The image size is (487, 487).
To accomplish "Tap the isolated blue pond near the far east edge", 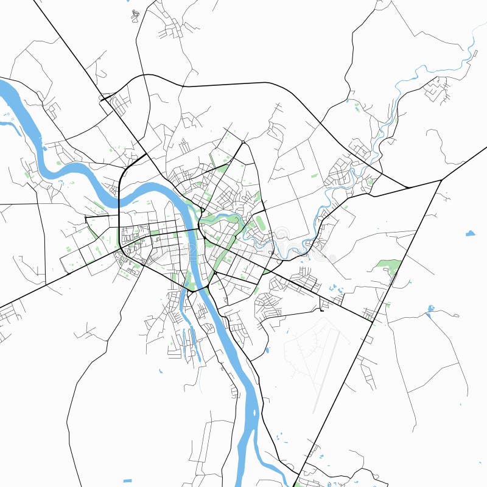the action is [x=470, y=233].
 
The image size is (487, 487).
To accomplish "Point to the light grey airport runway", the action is [x=328, y=371].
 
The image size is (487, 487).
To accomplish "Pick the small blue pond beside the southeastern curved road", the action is [x=267, y=350].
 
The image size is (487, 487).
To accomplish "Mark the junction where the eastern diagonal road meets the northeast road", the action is [x=441, y=180].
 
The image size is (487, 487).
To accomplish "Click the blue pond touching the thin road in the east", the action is [x=430, y=309].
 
